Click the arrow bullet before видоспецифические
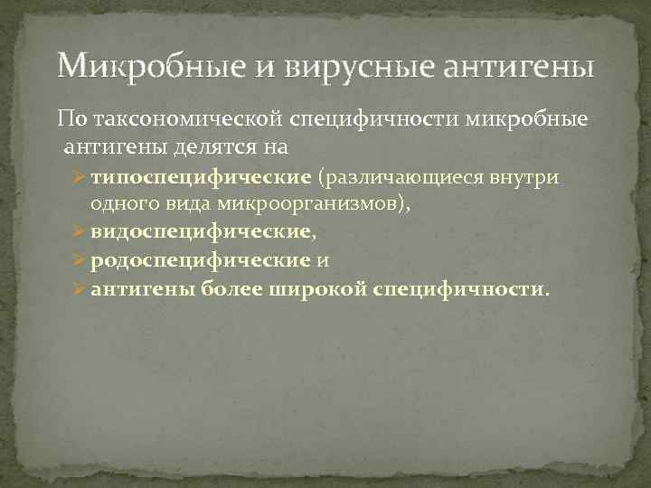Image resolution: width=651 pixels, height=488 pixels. pos(78,232)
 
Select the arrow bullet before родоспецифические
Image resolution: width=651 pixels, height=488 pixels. pos(78,261)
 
